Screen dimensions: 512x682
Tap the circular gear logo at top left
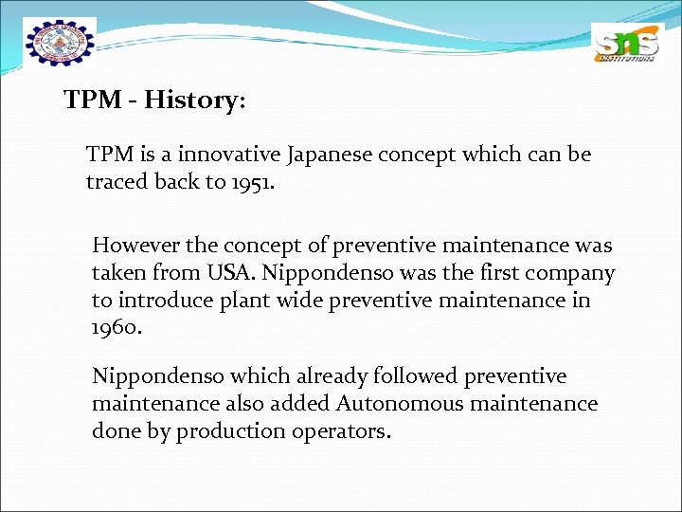(x=61, y=43)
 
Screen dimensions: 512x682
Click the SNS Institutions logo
(x=624, y=45)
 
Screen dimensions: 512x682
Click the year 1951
(x=251, y=181)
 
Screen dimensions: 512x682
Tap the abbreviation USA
(x=230, y=273)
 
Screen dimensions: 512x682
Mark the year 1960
(x=115, y=327)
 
